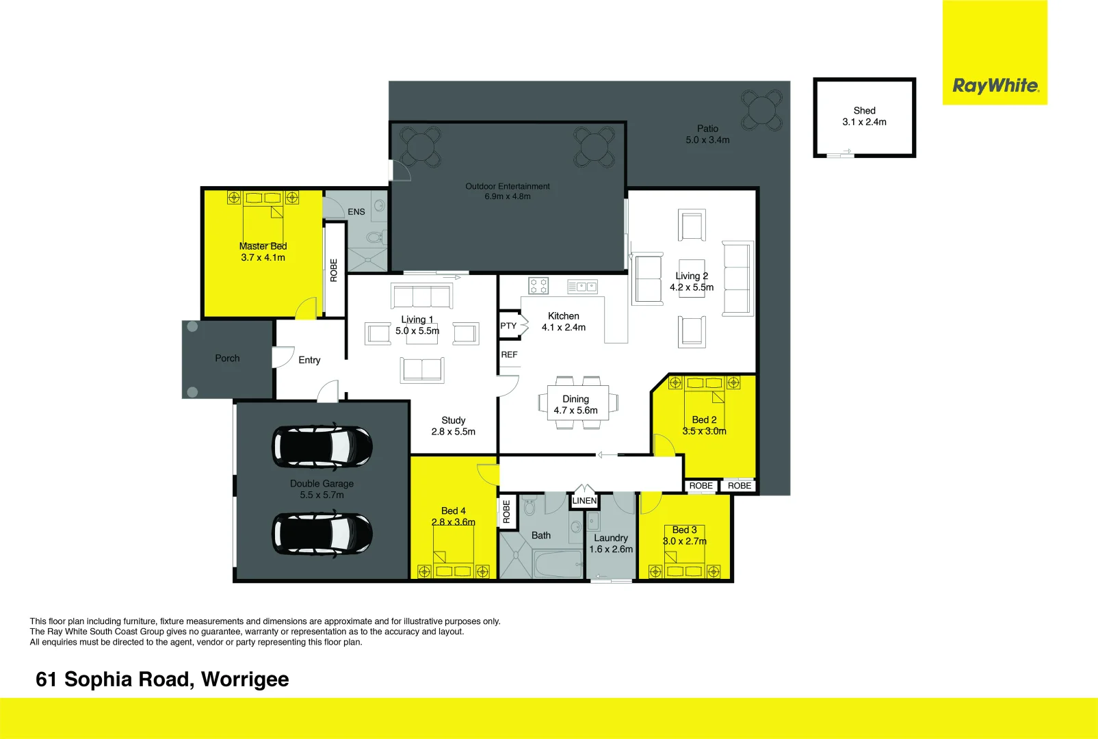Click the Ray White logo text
tap(995, 86)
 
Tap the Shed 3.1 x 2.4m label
tap(864, 116)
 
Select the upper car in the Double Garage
tap(322, 447)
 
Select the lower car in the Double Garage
tap(322, 533)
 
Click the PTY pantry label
tap(508, 326)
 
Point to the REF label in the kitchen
tap(509, 354)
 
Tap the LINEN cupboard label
tap(584, 501)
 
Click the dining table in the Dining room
tap(576, 404)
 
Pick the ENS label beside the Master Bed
tap(356, 212)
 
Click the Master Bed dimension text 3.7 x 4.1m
tap(263, 258)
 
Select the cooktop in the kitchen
tap(538, 285)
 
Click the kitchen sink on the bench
tap(582, 287)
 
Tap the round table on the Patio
tap(761, 109)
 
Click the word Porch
tap(227, 359)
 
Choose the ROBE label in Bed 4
tap(506, 512)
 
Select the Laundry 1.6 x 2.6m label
tap(611, 544)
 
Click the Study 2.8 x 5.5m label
tap(453, 426)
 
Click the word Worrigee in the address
tap(245, 679)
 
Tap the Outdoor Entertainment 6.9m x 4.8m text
tap(508, 192)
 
